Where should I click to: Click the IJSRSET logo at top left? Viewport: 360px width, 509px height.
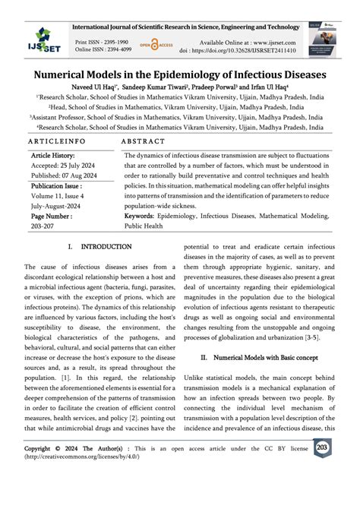pos(36,36)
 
